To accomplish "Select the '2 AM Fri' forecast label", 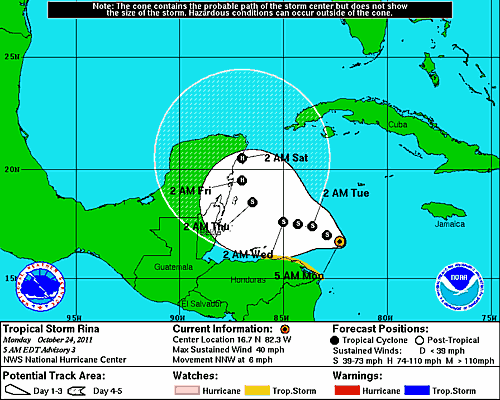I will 190,190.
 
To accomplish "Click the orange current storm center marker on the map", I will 340,241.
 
